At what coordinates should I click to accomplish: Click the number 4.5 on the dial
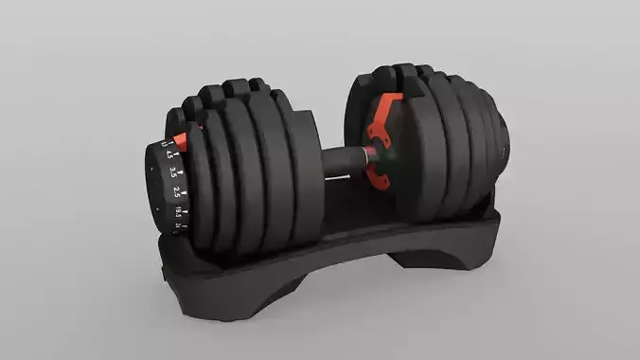click(x=170, y=154)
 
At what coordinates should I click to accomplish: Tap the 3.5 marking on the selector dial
click(x=173, y=172)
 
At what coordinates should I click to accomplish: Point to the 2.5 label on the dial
click(x=177, y=192)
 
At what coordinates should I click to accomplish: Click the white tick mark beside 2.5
click(x=185, y=194)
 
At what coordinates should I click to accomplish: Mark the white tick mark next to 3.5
click(x=181, y=171)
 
